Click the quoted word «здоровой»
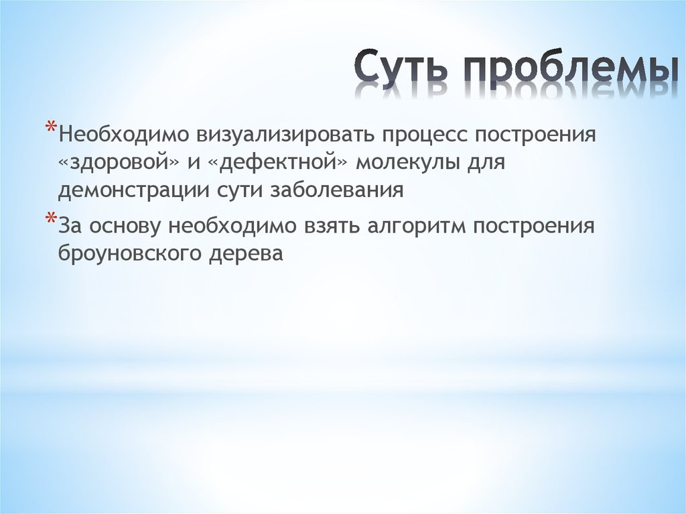point(111,162)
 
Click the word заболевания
point(337,190)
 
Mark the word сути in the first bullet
point(240,190)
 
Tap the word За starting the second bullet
point(70,226)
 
